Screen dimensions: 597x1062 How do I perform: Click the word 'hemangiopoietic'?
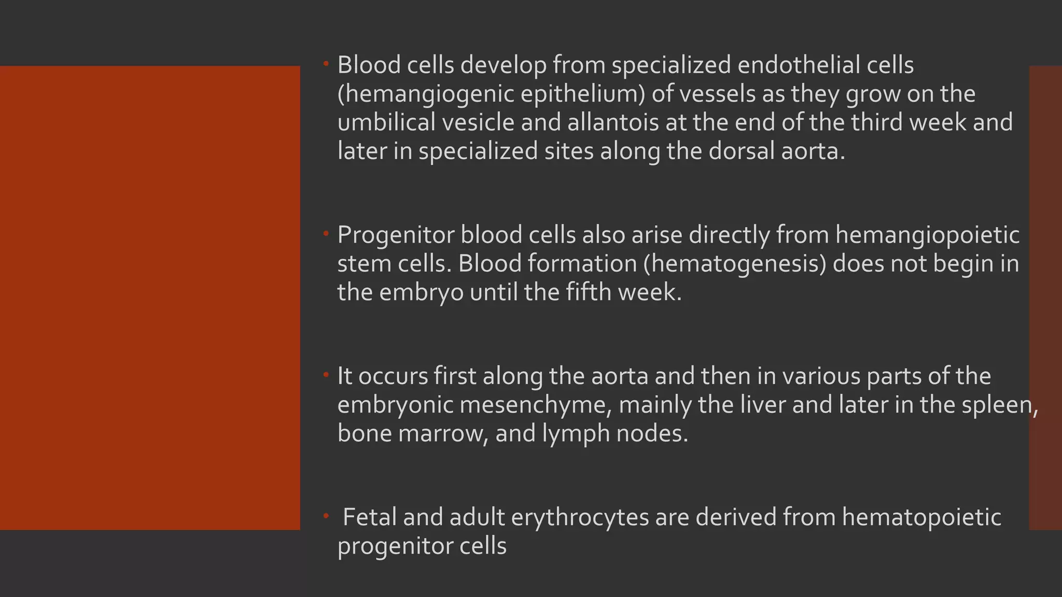coord(927,236)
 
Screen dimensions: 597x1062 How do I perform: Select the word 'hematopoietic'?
coord(921,517)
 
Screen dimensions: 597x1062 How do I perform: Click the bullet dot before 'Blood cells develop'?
coord(326,64)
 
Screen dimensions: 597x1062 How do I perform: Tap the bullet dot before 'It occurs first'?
coord(326,374)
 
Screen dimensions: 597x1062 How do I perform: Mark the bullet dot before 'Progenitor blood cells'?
coord(326,234)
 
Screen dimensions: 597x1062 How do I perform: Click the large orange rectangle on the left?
coord(150,297)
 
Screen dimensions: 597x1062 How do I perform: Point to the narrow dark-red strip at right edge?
coord(1045,297)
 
